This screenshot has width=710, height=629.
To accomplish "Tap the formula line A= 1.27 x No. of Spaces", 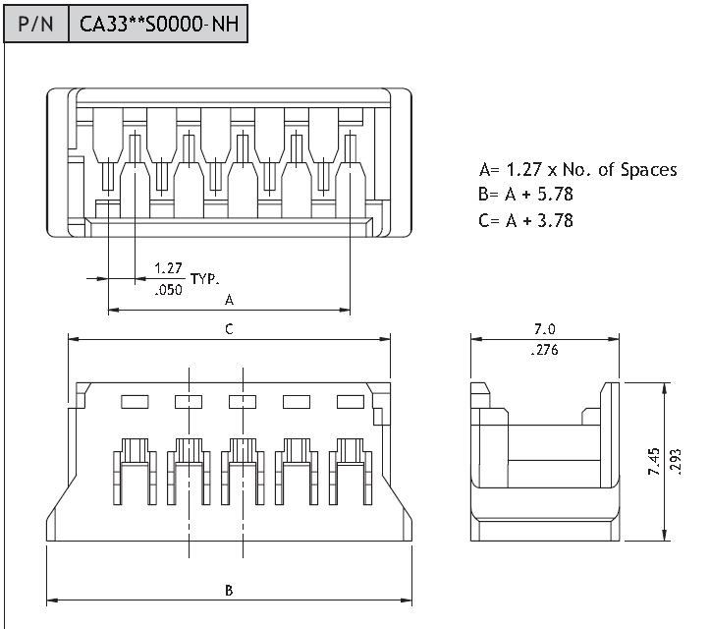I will [x=577, y=170].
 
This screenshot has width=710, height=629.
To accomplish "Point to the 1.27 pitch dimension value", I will [x=168, y=267].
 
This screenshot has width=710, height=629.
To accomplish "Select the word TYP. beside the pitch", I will [x=204, y=279].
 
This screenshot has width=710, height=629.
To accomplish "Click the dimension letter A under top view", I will [x=229, y=299].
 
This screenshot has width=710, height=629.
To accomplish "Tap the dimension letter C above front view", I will [x=229, y=329].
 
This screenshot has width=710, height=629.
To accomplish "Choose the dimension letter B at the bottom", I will [x=229, y=590].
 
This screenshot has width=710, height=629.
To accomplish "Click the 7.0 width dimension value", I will [x=545, y=329].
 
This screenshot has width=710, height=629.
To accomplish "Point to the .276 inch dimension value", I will [x=545, y=350].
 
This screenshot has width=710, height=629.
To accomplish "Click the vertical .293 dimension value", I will [x=678, y=460].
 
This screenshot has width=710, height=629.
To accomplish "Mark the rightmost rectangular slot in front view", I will [x=349, y=401].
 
